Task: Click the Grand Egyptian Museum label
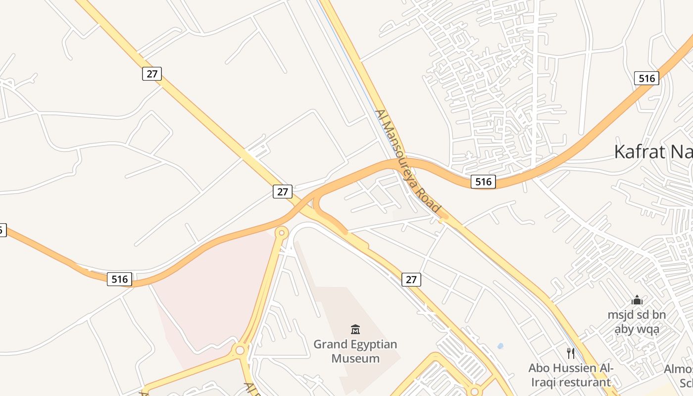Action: click(x=355, y=351)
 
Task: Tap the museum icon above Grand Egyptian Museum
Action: click(x=355, y=329)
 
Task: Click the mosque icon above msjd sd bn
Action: click(x=637, y=300)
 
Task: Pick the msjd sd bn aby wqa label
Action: click(x=637, y=322)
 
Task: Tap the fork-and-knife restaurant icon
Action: click(x=571, y=353)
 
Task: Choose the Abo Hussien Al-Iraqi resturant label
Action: click(x=571, y=375)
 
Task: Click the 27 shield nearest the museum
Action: click(x=411, y=280)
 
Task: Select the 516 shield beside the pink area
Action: click(x=119, y=279)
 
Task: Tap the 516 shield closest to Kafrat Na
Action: click(x=646, y=78)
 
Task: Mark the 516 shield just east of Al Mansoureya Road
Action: click(x=483, y=182)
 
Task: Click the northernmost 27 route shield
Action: click(x=152, y=74)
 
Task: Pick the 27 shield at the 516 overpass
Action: click(x=283, y=192)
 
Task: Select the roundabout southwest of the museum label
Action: click(x=240, y=350)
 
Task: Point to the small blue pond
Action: click(x=500, y=346)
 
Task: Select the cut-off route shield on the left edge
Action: click(x=2, y=230)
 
